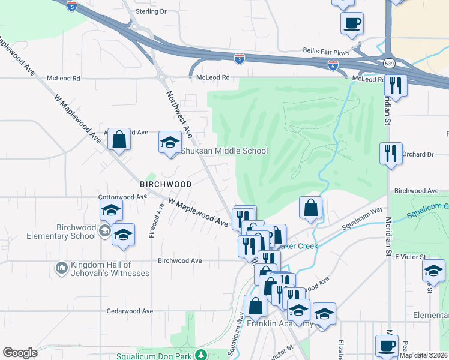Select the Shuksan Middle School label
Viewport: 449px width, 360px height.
point(224,151)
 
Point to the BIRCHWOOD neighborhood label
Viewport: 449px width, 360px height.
point(166,184)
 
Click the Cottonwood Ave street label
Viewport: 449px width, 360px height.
point(122,197)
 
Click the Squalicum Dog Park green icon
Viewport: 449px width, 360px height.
point(203,356)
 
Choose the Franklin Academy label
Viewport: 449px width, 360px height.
point(280,324)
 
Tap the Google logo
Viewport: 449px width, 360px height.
point(20,353)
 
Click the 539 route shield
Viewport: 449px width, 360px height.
point(388,63)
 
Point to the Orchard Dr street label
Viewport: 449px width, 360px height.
point(418,155)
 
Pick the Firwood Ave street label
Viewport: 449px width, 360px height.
point(160,219)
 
